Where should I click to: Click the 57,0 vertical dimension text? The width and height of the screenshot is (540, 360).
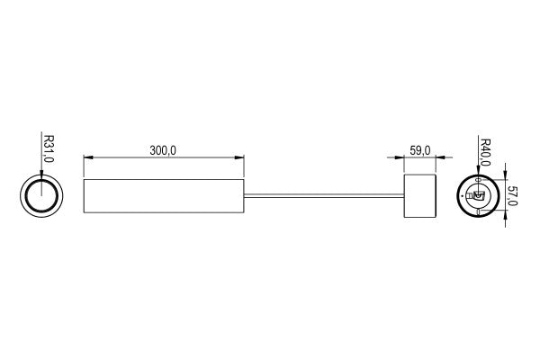pos(513,195)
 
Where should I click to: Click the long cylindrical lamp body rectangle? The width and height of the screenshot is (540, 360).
pos(163,195)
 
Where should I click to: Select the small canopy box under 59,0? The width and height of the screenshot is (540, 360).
pos(419,195)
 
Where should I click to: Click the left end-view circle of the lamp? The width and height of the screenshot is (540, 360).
pos(41,196)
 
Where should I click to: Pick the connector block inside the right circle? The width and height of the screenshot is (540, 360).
pos(479,195)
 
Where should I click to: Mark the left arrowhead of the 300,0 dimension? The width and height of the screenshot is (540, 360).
pos(86,159)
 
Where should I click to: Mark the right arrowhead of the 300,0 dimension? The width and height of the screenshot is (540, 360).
pos(240,159)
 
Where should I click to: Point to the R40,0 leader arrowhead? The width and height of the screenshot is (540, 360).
pos(477,175)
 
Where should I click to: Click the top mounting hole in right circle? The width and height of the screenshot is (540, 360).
pos(477,180)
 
